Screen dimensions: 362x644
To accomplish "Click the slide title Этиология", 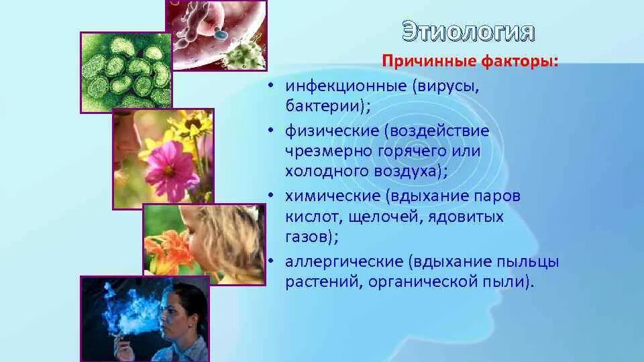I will (469, 32).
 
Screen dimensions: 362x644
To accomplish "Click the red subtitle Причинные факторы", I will (470, 62).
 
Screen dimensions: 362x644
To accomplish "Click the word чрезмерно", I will (321, 151).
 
